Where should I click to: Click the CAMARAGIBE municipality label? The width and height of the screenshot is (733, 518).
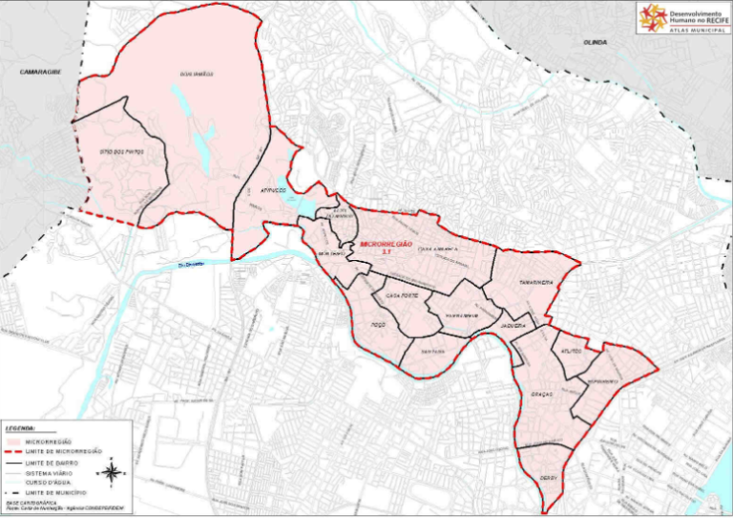click(x=40, y=71)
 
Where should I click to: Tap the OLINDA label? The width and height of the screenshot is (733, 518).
click(x=597, y=43)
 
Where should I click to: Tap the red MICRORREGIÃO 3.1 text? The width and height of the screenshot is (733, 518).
click(x=386, y=247)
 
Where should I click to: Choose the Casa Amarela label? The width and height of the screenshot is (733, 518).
click(x=440, y=248)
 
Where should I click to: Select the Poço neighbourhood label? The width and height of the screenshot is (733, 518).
click(x=377, y=325)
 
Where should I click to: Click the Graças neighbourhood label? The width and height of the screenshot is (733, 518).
click(x=542, y=394)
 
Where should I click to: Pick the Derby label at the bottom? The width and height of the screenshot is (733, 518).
click(x=548, y=478)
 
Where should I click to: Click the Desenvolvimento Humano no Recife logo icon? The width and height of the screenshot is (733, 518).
click(x=654, y=17)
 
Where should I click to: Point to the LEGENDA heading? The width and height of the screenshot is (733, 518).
click(x=21, y=428)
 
